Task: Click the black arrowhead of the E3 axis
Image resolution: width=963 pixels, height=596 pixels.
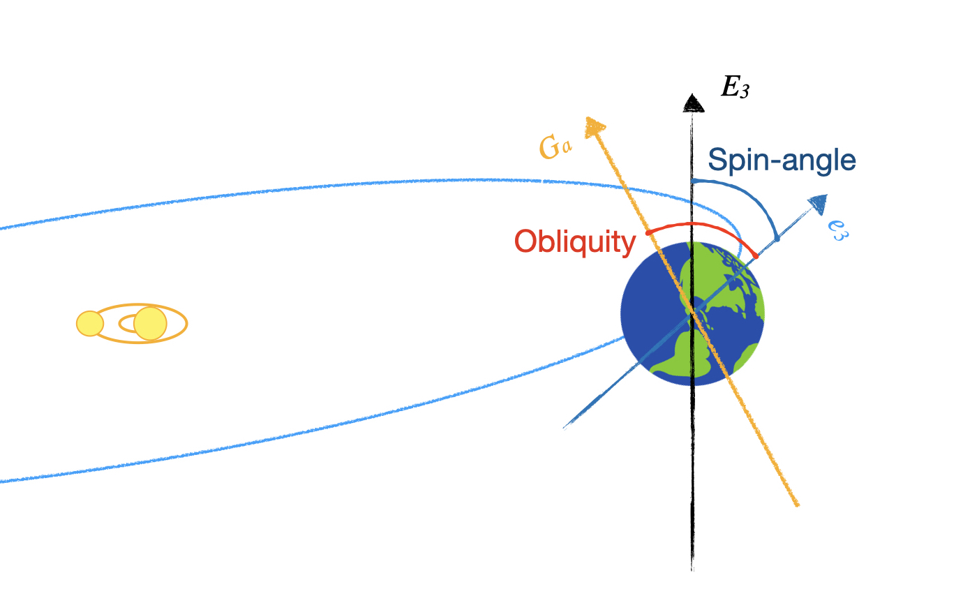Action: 692,103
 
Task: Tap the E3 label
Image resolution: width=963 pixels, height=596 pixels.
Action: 734,88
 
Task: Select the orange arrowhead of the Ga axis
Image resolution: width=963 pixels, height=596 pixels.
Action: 594,127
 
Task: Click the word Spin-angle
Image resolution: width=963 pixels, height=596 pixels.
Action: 782,161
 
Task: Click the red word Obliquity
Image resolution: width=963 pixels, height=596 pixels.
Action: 575,242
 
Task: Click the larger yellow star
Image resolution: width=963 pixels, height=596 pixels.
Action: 150,323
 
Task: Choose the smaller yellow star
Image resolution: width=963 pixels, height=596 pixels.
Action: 90,324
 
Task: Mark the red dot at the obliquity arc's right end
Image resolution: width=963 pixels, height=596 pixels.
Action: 756,256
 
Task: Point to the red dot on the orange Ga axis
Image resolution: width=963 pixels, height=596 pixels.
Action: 648,232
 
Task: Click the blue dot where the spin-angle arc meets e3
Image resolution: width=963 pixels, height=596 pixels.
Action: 777,239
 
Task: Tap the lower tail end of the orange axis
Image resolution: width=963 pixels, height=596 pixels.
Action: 797,504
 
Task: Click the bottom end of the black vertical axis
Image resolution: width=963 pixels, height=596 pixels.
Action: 692,568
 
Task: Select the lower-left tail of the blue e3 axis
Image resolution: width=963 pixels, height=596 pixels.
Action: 565,426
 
